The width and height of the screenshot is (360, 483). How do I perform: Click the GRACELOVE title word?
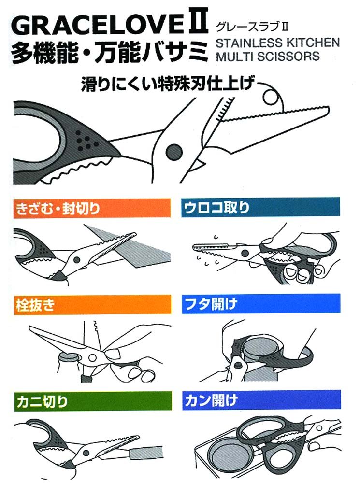point(98,25)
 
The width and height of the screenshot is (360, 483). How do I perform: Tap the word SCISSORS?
point(288,57)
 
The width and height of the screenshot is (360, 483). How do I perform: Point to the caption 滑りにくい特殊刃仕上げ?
point(169,84)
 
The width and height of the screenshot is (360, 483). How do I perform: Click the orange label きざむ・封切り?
point(92,209)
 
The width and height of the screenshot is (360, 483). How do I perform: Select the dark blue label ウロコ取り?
point(260,207)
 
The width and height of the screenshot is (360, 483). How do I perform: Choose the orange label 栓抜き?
point(92,305)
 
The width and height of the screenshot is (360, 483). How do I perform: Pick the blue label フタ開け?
point(261,304)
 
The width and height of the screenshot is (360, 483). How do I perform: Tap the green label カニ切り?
point(93,401)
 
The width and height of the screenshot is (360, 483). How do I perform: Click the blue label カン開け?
point(261,400)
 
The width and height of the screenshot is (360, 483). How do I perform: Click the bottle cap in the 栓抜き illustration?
point(69,357)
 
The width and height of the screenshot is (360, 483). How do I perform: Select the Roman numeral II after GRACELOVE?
point(197,22)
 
